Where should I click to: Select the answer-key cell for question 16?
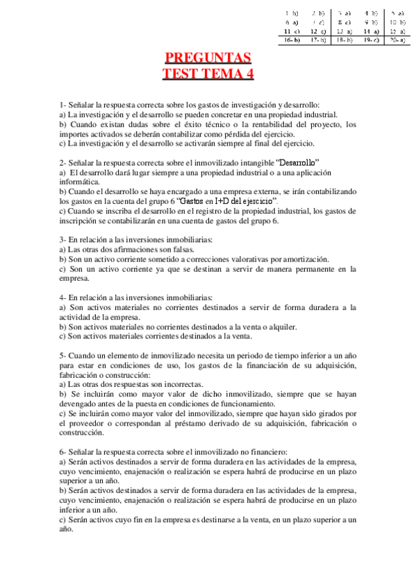coord(292,40)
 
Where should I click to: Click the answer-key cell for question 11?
coord(292,31)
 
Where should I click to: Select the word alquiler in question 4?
coord(283,326)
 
